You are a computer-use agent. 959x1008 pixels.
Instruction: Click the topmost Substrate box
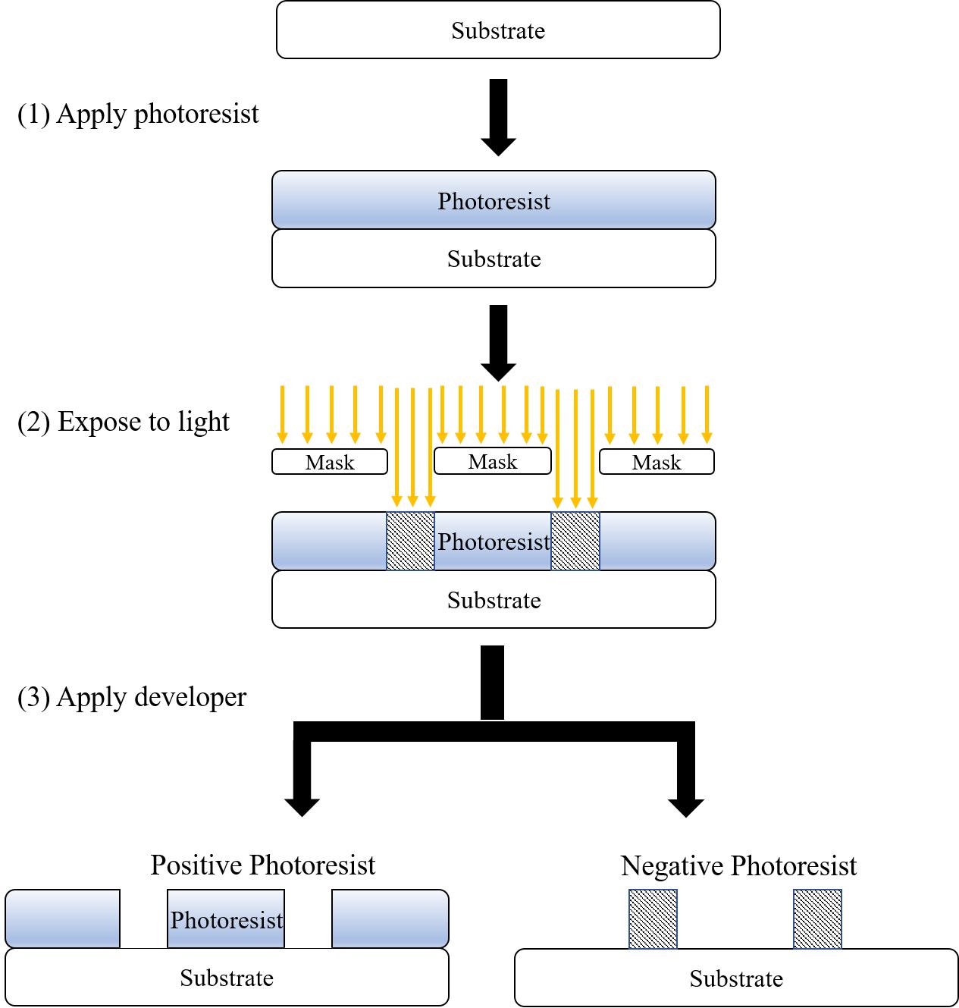[498, 30]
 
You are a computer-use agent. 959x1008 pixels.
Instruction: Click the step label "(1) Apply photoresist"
[138, 114]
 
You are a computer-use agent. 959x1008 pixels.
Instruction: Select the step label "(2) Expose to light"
[123, 422]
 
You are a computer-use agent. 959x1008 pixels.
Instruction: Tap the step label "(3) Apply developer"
[132, 697]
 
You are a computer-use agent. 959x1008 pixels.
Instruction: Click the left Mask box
[330, 462]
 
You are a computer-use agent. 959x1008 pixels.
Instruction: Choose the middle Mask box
[493, 461]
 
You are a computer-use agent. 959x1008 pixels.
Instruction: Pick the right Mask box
[657, 462]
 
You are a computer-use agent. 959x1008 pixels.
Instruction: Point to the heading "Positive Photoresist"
[262, 865]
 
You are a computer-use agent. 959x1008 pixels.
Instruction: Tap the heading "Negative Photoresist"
[738, 865]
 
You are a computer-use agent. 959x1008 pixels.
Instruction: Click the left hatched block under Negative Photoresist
[653, 919]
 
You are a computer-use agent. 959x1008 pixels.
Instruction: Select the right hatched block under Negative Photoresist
[817, 919]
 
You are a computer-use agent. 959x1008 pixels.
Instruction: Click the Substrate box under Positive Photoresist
[227, 978]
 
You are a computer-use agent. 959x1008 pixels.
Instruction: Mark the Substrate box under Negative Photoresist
[736, 978]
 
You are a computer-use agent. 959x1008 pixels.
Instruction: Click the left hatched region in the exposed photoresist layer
[410, 541]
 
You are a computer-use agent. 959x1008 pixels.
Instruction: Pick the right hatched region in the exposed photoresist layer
[575, 541]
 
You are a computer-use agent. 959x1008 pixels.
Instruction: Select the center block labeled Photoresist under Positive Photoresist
[226, 919]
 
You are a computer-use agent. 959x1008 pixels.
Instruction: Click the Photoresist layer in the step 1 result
[494, 200]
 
